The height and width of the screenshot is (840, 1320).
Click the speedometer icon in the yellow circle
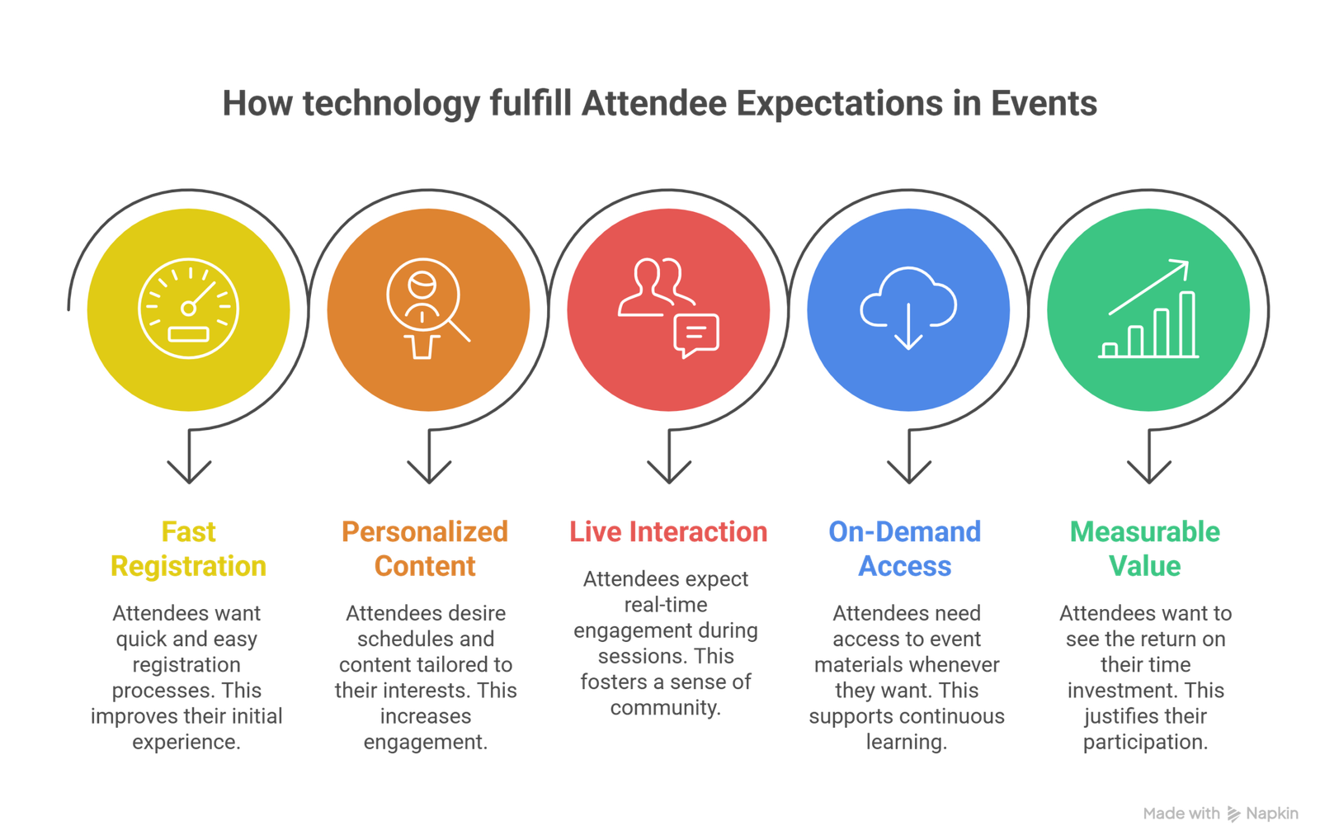(x=188, y=309)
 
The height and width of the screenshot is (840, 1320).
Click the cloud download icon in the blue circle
(x=908, y=307)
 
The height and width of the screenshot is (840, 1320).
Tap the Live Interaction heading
(x=668, y=532)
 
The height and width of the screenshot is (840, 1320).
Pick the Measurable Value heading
(x=1145, y=549)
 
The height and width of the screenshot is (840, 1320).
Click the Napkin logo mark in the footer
(x=1233, y=814)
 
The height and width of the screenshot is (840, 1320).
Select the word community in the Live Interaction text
(x=664, y=708)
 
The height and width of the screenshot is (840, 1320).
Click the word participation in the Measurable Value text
(x=1144, y=742)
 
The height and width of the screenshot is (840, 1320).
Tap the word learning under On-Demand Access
(x=906, y=742)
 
